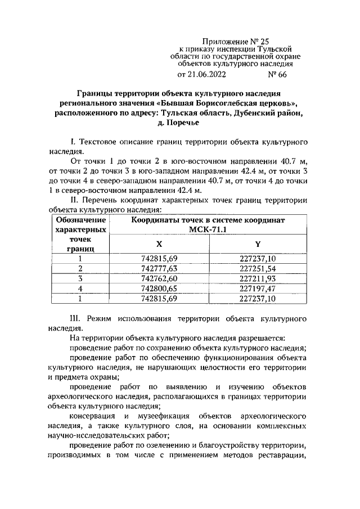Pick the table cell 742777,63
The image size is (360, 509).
(159, 269)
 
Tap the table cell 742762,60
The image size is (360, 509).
(159, 278)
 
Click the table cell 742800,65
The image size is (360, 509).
(159, 289)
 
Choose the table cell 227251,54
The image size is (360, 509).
(258, 269)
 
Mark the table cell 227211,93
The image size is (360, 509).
(258, 278)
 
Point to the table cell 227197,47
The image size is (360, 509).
(258, 289)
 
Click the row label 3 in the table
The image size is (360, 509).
(80, 278)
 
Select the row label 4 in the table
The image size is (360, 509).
(80, 289)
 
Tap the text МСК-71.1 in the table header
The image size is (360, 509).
(208, 230)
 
